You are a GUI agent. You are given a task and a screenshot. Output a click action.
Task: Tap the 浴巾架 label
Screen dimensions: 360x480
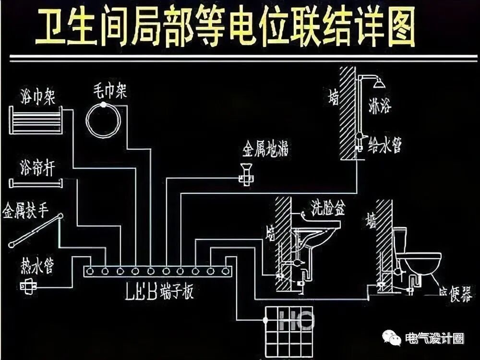coord(38,97)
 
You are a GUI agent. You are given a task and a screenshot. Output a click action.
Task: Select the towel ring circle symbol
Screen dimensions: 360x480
coord(102,119)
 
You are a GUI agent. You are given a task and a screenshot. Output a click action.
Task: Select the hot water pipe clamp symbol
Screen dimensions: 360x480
coord(28,287)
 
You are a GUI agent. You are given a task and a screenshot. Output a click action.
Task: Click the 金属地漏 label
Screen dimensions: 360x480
coord(264,148)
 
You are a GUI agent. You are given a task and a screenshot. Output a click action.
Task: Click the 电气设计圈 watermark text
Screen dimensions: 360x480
coord(434,339)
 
